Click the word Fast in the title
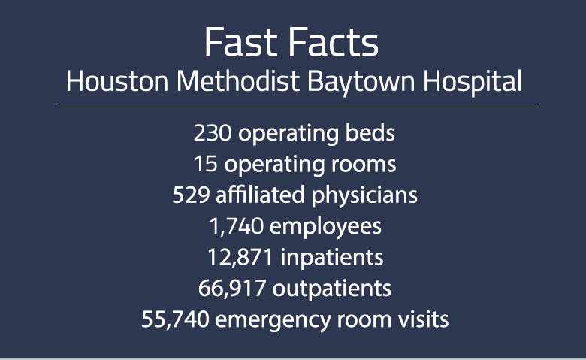(241, 44)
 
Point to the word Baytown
(355, 82)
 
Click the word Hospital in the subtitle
(470, 82)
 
